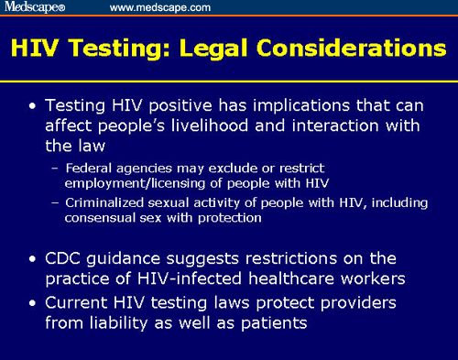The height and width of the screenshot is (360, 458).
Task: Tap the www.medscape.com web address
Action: click(160, 7)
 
